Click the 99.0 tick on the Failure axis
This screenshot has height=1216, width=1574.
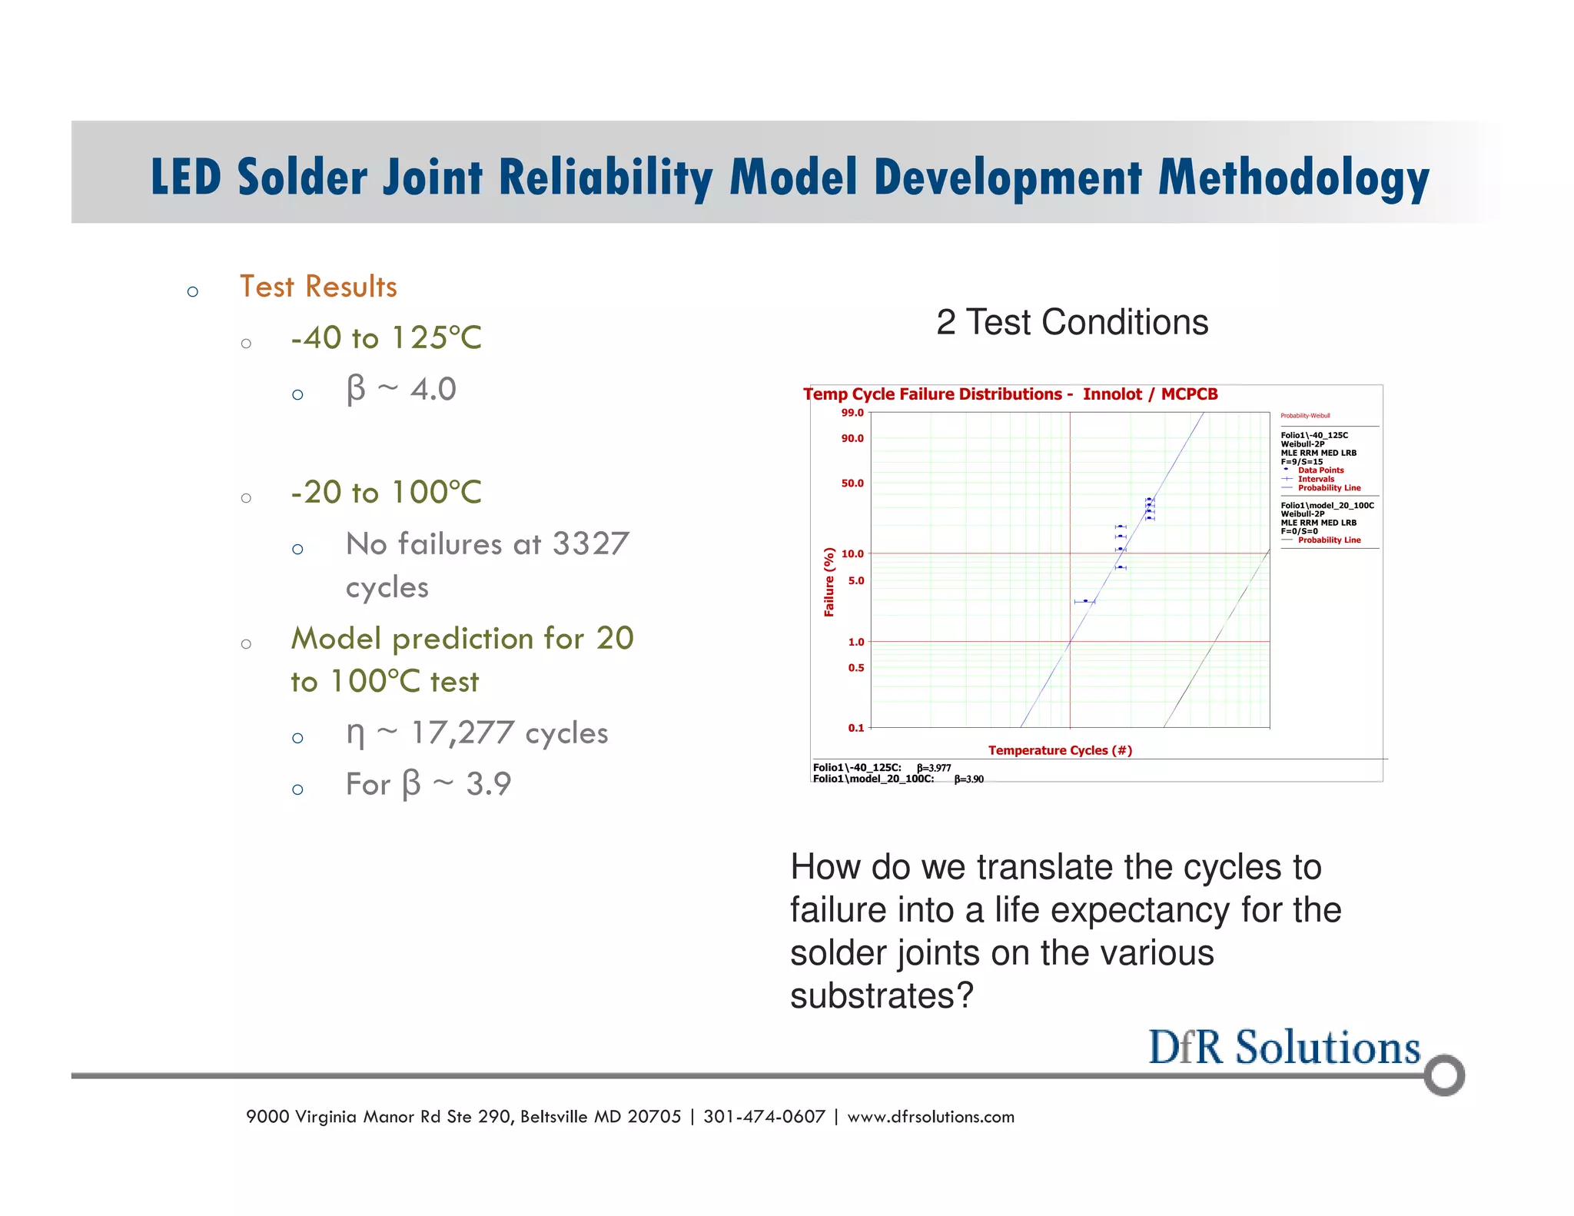852,413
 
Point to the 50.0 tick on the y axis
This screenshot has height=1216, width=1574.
852,483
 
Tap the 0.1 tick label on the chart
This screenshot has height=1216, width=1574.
855,727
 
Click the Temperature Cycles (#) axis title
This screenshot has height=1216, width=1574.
1060,750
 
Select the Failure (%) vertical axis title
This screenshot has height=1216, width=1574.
829,582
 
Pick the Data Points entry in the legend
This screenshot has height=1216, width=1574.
1320,470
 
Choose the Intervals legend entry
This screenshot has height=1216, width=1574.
1316,479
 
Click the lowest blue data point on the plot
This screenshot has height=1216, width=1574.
1085,601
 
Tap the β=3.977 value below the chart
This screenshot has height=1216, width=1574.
934,768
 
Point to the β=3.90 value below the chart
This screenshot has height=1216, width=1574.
968,779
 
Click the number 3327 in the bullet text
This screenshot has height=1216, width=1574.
590,544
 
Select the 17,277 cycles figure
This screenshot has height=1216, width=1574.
509,733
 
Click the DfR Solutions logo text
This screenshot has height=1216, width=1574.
1283,1047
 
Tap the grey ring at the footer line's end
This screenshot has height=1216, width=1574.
1443,1075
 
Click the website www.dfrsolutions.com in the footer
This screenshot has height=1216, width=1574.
931,1117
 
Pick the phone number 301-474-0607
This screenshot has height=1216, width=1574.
764,1117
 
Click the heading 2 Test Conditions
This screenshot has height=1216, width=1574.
1072,322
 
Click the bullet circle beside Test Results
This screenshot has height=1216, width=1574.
193,291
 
